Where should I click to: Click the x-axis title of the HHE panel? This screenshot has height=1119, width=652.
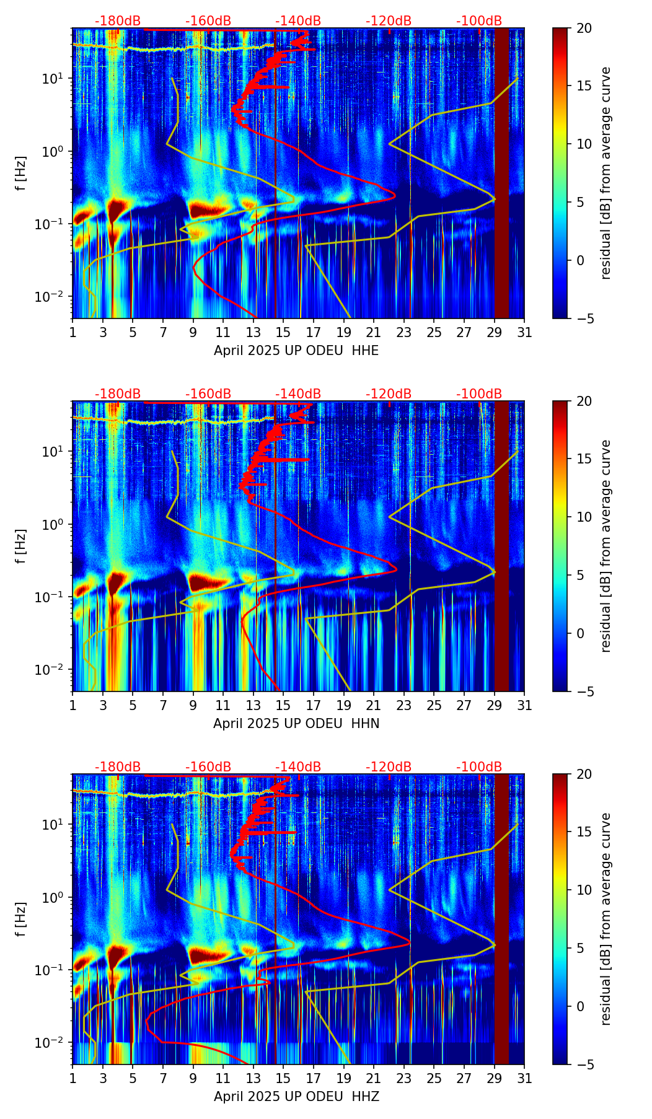[x=296, y=351]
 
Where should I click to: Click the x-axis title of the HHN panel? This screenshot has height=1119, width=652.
[x=296, y=724]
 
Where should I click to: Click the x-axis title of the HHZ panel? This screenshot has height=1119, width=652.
[x=296, y=1097]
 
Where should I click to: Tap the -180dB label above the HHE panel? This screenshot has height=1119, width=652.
[x=118, y=21]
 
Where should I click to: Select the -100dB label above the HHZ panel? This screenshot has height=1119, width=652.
[x=479, y=767]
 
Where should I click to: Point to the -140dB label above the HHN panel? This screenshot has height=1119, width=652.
[x=298, y=394]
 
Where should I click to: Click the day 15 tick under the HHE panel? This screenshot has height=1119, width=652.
[x=283, y=332]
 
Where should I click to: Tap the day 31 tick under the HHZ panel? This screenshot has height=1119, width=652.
[x=524, y=1078]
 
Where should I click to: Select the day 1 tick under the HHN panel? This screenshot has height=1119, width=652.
[x=73, y=705]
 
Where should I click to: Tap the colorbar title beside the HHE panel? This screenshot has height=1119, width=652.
[x=606, y=173]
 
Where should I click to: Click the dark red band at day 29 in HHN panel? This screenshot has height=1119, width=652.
[x=501, y=545]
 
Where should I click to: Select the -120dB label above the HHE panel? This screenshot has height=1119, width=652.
[x=389, y=21]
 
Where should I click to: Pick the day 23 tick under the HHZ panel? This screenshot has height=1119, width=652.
[x=404, y=1078]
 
